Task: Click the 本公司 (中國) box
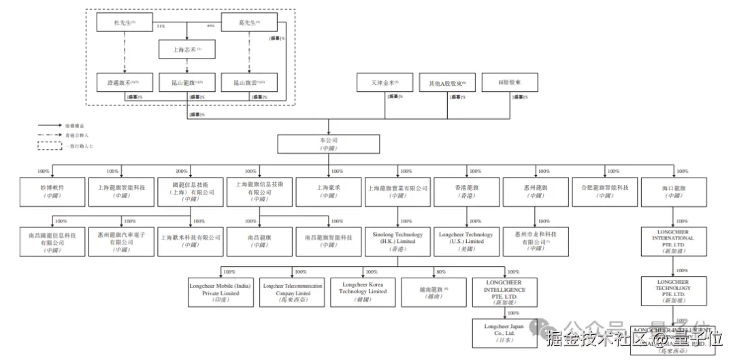pyautogui.click(x=329, y=144)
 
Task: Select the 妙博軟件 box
pyautogui.click(x=52, y=191)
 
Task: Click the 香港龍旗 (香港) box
pyautogui.click(x=467, y=191)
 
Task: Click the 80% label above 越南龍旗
pyautogui.click(x=442, y=272)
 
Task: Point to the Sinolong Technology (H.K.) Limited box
pyautogui.click(x=398, y=242)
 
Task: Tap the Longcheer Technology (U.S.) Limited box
pyautogui.click(x=467, y=242)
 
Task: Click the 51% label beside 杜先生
pyautogui.click(x=161, y=27)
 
